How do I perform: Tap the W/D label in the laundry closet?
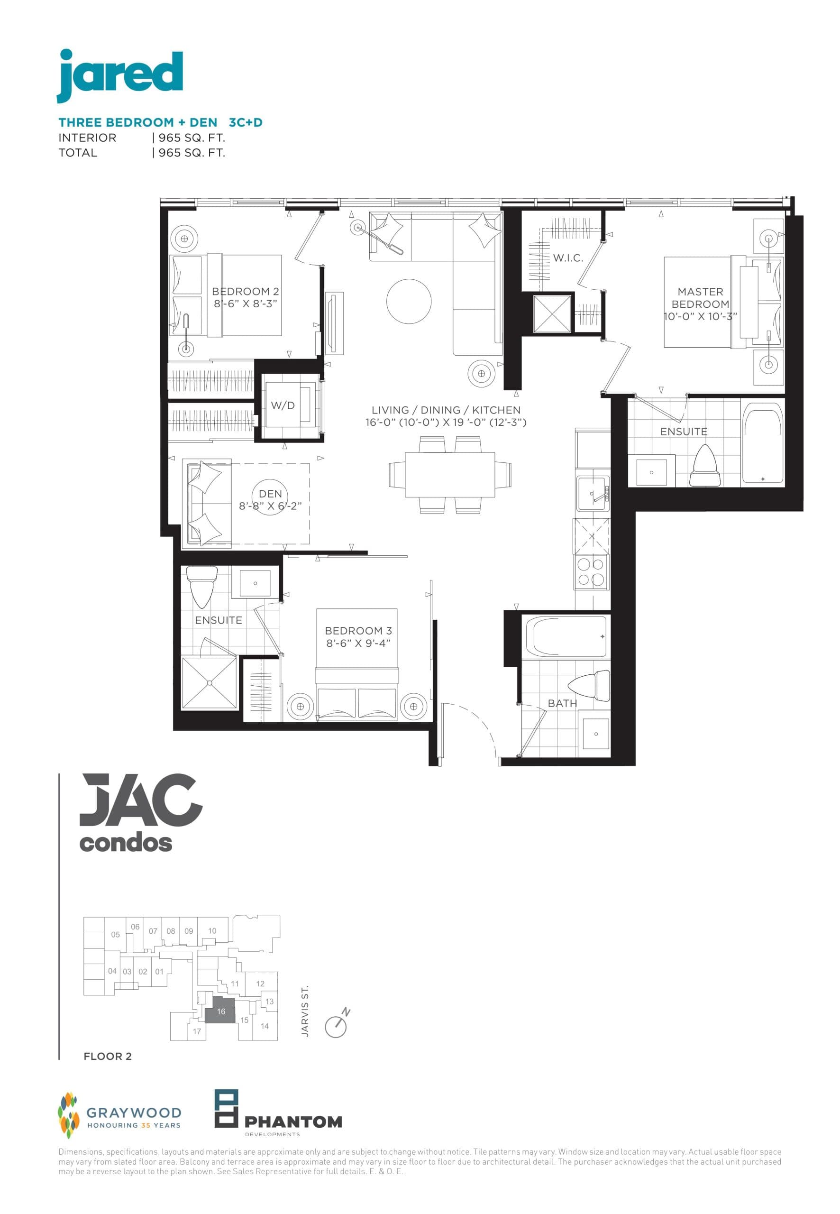coord(283,405)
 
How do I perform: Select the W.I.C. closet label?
coord(568,258)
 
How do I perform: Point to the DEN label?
coord(271,494)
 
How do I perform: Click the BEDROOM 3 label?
coord(358,631)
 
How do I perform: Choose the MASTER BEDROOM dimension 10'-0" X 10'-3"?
coord(700,316)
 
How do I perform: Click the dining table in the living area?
coord(449,474)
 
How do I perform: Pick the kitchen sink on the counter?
coord(593,494)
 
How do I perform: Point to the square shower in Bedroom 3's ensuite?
coord(209,683)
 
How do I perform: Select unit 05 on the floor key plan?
coord(115,935)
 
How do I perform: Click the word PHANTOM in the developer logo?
coord(293,1122)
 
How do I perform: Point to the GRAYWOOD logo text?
coord(134,1113)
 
